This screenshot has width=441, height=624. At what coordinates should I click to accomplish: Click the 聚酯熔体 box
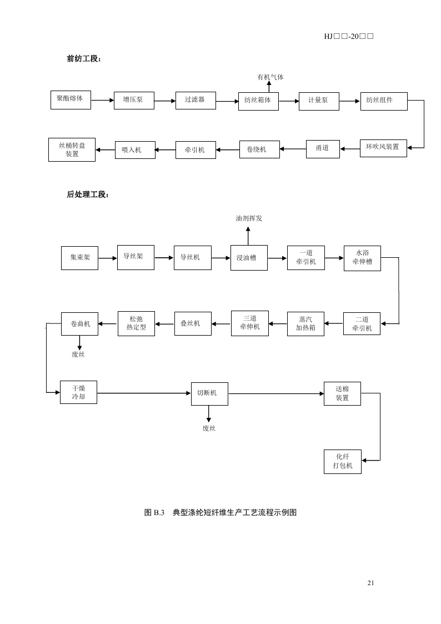click(70, 99)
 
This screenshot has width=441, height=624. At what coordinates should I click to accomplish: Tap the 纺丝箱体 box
click(258, 101)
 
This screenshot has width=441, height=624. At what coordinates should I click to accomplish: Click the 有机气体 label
click(270, 77)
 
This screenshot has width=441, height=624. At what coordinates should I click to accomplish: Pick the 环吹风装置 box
click(383, 148)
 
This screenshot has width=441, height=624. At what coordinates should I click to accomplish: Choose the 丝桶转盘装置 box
click(72, 149)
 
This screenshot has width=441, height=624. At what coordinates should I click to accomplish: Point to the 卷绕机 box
click(259, 149)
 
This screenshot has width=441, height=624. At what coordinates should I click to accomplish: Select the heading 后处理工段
click(88, 194)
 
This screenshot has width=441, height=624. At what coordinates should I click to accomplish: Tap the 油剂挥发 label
click(249, 218)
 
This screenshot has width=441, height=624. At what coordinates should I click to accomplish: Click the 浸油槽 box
click(248, 258)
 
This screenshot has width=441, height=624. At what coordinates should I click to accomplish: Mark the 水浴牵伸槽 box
click(362, 258)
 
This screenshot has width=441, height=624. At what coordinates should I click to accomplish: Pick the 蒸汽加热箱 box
click(305, 323)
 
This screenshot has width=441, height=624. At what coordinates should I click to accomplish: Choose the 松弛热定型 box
click(136, 323)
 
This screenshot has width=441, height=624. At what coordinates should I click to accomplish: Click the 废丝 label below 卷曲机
click(78, 355)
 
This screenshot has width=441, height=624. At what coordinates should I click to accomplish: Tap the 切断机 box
click(209, 393)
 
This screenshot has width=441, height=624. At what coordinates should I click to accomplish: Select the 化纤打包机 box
click(343, 461)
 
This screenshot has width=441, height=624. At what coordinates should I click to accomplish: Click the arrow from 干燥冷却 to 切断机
click(144, 393)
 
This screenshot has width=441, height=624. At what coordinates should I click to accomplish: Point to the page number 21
click(371, 582)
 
